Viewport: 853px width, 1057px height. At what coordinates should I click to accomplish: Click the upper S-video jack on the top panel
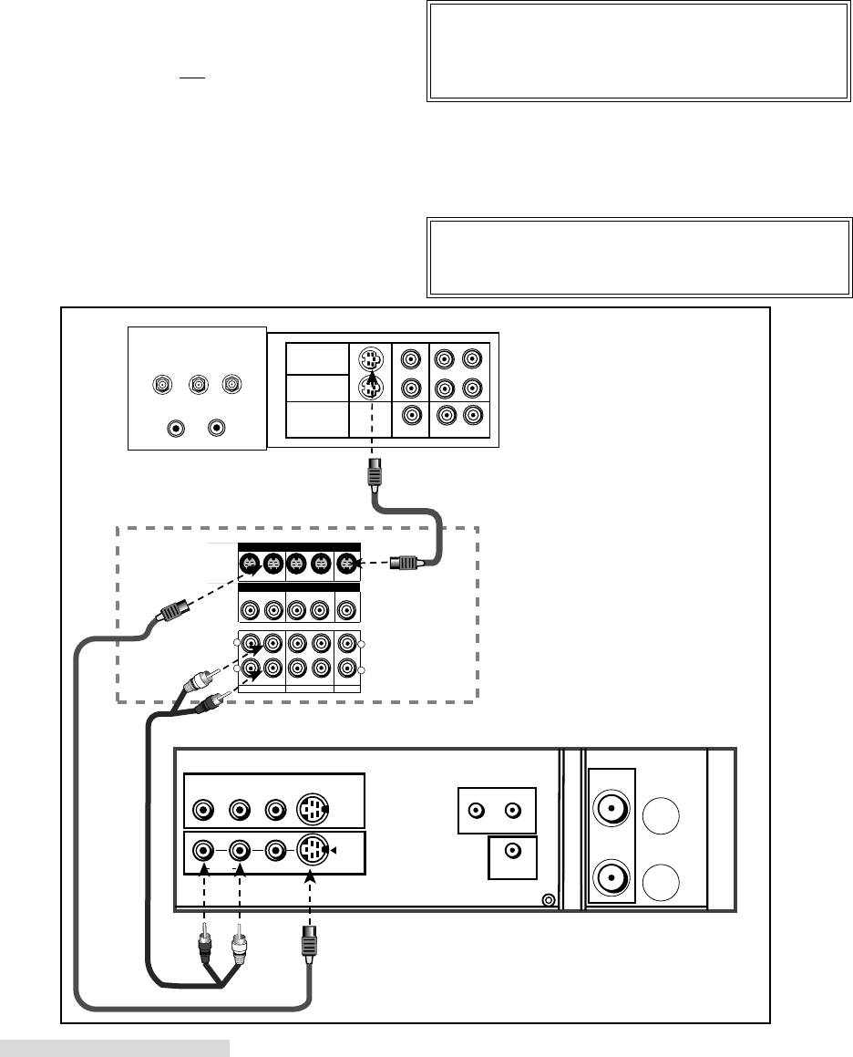pos(369,358)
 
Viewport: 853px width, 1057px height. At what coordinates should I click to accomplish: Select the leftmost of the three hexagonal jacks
pos(163,385)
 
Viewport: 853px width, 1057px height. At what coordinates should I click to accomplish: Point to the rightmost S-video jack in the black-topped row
pos(346,565)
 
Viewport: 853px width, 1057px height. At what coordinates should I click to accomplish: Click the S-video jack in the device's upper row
pos(312,808)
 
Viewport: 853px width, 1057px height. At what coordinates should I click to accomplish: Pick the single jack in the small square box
pos(513,852)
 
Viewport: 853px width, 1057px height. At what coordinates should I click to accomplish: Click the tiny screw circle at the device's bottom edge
pos(547,901)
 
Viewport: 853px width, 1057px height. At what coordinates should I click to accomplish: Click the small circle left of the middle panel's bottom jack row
pos(238,670)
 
